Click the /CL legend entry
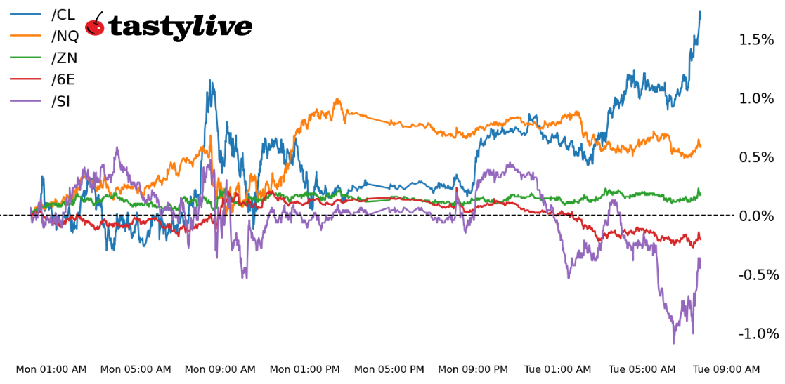[x=63, y=15]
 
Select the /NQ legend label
[x=65, y=37]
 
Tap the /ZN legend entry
[x=64, y=58]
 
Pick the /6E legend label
[x=63, y=80]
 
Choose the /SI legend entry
[x=60, y=102]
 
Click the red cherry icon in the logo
[x=95, y=26]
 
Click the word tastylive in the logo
[x=180, y=27]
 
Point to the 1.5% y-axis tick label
[x=756, y=40]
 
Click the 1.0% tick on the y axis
[x=756, y=99]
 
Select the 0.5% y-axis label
[x=756, y=157]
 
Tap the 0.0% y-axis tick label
[x=756, y=216]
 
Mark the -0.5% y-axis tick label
[x=758, y=275]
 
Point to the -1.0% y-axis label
[x=758, y=334]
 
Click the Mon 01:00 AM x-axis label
[x=51, y=370]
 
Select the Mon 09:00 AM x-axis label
[x=220, y=370]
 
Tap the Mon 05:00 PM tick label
[x=389, y=370]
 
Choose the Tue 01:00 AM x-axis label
[x=558, y=370]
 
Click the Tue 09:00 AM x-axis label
[x=727, y=370]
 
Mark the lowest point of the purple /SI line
[x=673, y=343]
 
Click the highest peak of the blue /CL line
[x=699, y=11]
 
